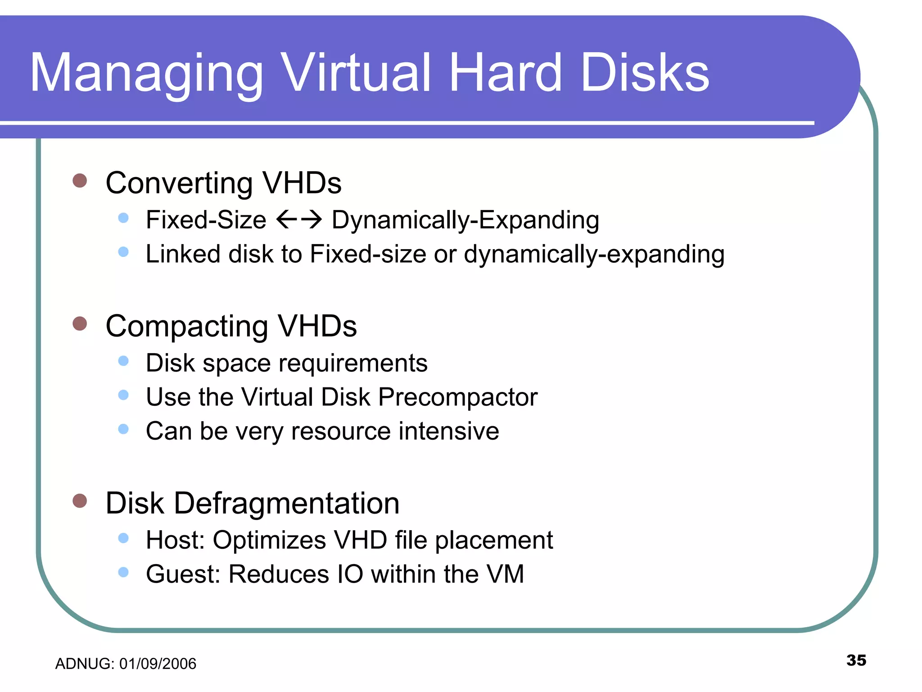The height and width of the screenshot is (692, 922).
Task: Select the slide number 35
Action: (856, 660)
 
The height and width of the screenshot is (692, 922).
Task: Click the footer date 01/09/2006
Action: (158, 664)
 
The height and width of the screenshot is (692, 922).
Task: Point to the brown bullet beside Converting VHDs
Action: (80, 181)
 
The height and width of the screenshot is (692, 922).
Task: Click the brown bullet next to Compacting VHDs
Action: (80, 323)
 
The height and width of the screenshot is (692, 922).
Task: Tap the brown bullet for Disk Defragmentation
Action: (80, 501)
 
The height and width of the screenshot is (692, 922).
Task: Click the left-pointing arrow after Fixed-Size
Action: (286, 220)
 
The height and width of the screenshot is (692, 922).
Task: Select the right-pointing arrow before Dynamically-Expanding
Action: (312, 220)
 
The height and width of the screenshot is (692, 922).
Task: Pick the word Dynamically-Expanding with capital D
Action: (465, 221)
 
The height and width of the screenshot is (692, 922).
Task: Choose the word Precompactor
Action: (457, 397)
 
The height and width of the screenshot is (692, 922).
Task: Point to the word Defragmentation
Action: (286, 503)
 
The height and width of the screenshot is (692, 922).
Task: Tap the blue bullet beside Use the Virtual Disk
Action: (123, 395)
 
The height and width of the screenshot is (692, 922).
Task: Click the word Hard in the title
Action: (505, 73)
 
